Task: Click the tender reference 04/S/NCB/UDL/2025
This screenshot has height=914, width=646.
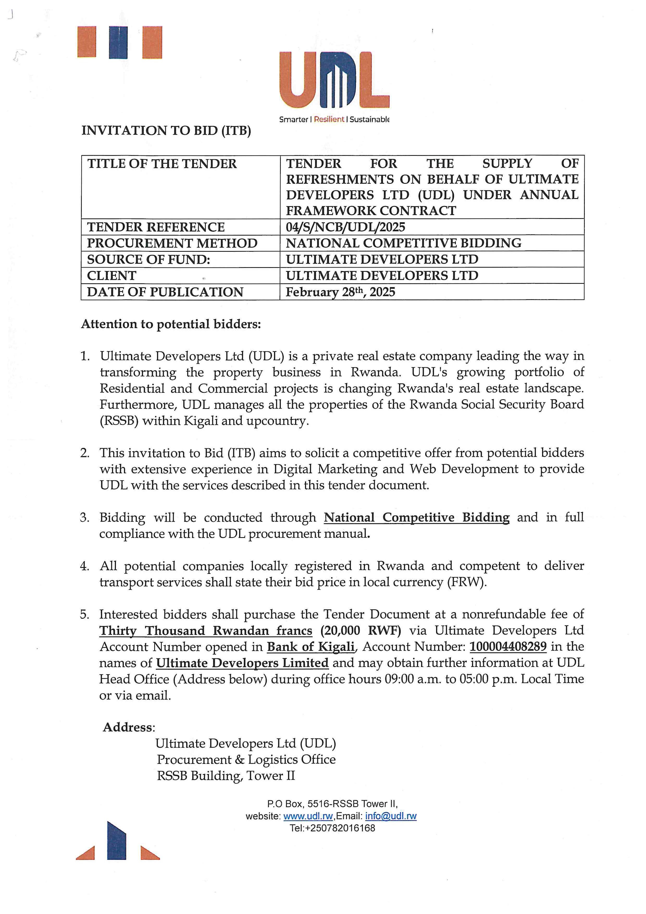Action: tap(345, 227)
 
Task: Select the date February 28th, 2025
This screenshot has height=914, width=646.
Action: tap(340, 292)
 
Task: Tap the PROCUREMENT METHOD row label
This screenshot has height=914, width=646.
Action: tap(172, 243)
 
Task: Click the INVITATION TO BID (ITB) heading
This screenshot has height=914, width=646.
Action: tap(166, 131)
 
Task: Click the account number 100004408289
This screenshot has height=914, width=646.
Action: tap(508, 647)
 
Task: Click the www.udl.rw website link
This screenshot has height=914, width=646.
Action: tap(308, 816)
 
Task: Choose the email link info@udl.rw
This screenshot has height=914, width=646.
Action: tap(391, 816)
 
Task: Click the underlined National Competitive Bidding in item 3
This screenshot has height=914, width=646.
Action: tap(417, 518)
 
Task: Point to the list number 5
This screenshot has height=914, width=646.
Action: tap(84, 614)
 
